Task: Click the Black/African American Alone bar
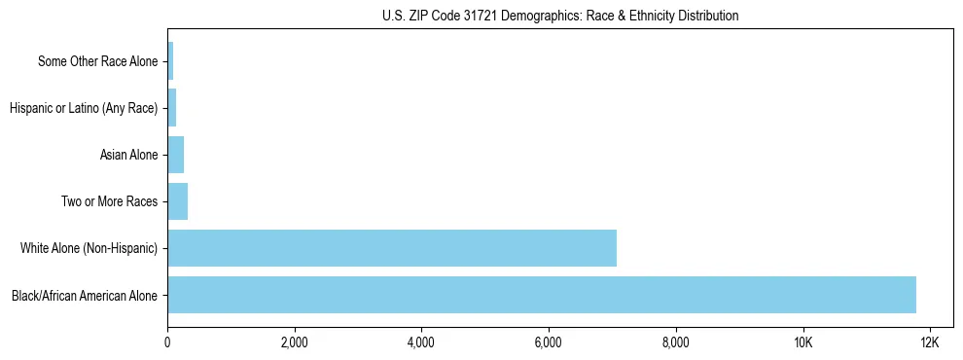point(541,295)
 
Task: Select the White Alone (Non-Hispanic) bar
point(391,248)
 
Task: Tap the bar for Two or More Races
point(177,201)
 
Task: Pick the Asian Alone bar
point(175,155)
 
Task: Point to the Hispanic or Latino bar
point(171,108)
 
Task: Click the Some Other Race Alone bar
point(170,61)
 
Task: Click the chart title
point(559,16)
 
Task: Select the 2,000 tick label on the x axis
point(294,342)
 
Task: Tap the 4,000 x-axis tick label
point(421,342)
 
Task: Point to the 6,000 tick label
point(549,342)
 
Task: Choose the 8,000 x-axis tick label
point(675,342)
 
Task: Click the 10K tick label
point(802,342)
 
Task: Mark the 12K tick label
point(929,342)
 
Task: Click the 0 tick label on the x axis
point(167,342)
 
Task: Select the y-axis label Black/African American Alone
point(85,296)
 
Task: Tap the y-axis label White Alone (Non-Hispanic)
point(89,249)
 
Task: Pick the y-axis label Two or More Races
point(109,202)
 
